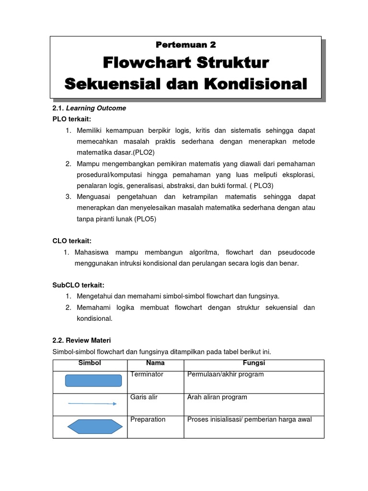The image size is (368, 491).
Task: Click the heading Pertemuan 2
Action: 186,45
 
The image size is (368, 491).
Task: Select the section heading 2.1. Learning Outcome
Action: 89,108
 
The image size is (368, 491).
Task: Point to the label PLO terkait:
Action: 71,119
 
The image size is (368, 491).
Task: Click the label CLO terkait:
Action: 71,241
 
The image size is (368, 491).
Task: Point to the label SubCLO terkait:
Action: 78,285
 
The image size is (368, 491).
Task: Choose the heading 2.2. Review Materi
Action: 81,340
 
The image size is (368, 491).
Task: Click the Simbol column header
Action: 90,363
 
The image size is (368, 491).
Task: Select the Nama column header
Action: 155,363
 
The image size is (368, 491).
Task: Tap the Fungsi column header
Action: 254,363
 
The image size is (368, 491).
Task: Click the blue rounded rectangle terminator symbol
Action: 93,381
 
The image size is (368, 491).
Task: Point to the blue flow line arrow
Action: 92,404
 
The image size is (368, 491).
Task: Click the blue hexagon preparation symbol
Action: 93,426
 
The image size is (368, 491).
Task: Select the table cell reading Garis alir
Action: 144,397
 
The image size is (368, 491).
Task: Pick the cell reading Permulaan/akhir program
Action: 225,374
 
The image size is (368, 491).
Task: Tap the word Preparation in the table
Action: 148,420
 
